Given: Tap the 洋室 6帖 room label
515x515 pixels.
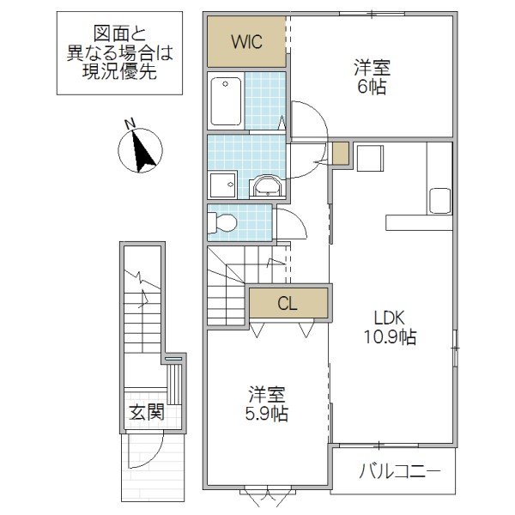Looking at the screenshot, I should point(370,76).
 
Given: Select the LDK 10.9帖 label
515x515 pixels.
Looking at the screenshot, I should point(387,325).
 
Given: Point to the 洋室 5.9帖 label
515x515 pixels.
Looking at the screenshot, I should point(267,404).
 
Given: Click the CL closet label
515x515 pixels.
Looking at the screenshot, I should point(288,303).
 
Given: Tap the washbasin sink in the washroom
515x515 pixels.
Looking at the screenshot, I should point(267,186).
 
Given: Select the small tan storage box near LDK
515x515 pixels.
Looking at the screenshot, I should point(341,154).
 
